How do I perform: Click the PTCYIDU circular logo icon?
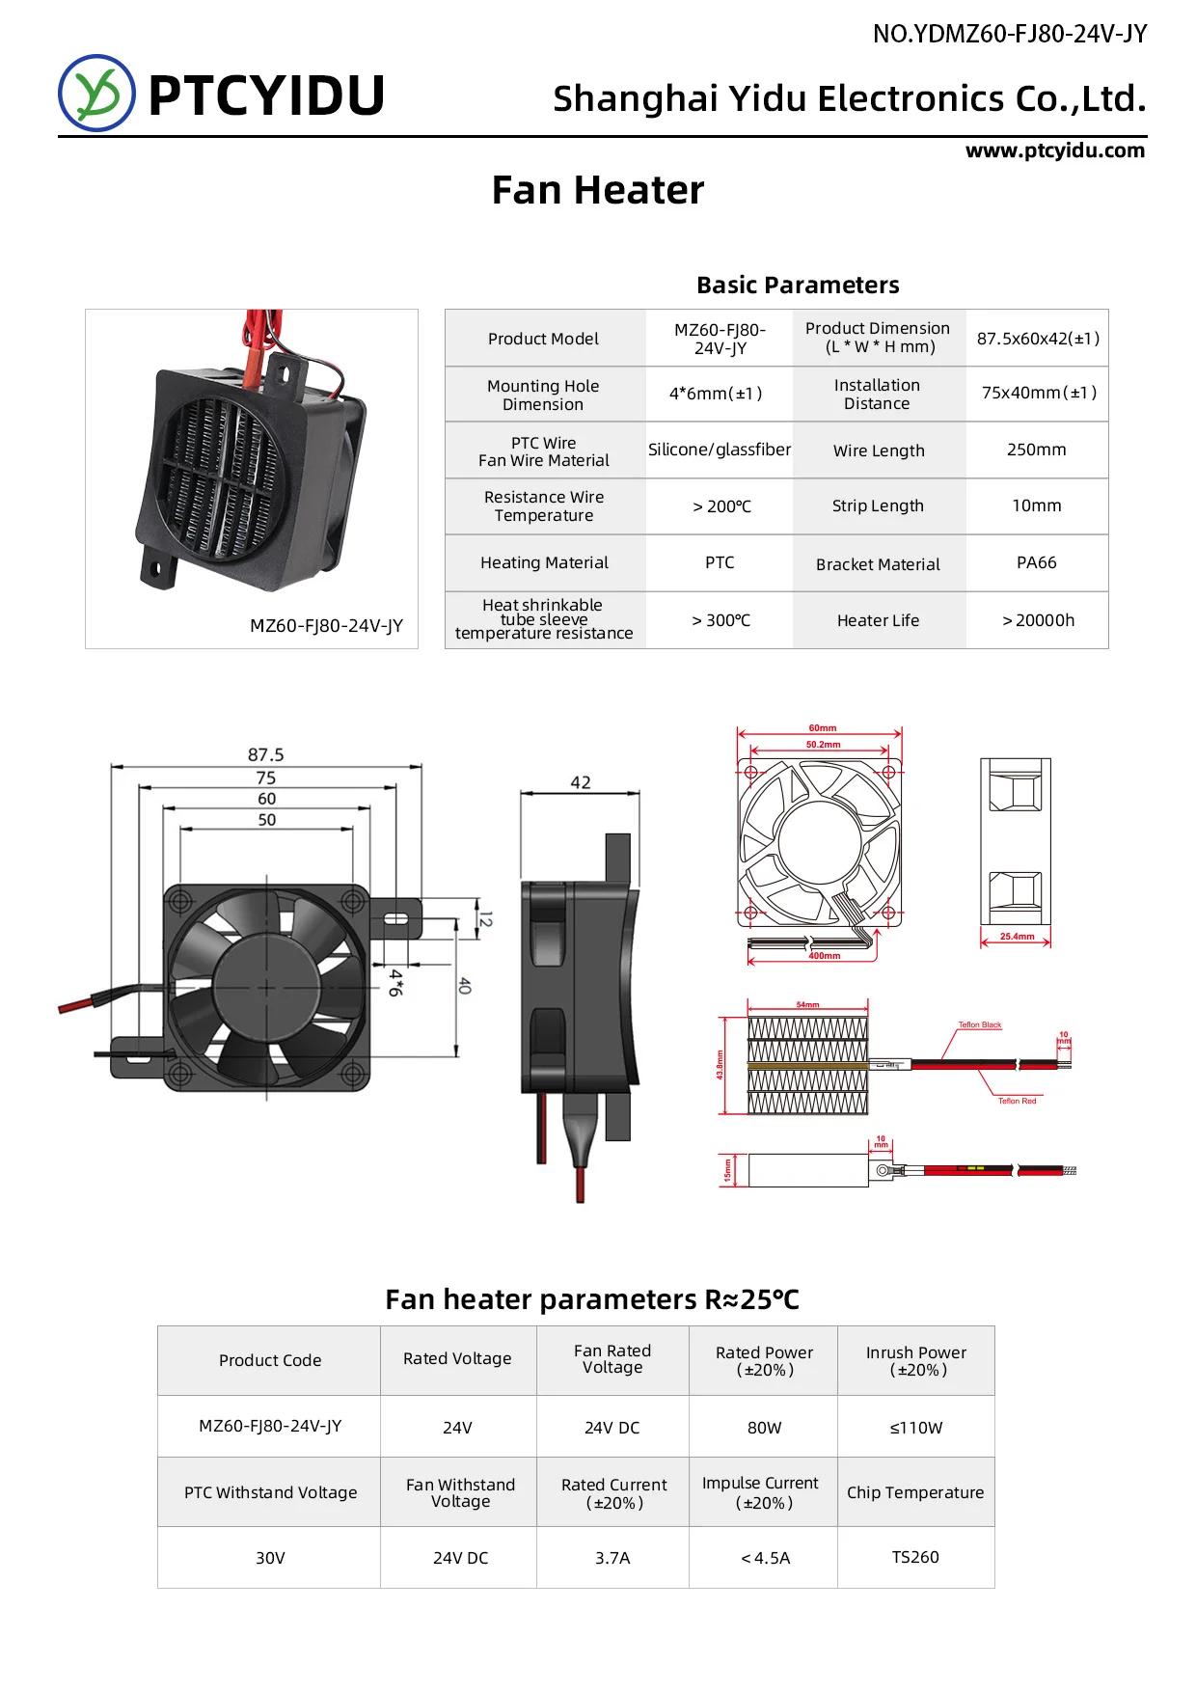96,94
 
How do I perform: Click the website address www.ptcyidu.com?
1055,150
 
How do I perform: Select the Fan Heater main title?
597,190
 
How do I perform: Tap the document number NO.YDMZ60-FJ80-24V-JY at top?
1009,34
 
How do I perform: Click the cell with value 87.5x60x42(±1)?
1037,339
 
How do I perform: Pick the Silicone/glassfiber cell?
719,450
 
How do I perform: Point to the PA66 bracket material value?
1036,562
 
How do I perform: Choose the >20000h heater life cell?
1037,620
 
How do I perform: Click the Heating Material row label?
544,562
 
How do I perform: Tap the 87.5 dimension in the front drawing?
266,754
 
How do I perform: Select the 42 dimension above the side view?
580,782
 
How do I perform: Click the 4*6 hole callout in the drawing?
395,982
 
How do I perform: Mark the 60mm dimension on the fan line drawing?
822,728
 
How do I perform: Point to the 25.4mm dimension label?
1017,937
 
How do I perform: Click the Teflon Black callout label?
979,1024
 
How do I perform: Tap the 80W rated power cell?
764,1428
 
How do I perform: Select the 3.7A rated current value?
612,1558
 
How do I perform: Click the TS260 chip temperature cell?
914,1557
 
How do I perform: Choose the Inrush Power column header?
915,1360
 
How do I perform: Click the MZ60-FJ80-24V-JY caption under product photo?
326,625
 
